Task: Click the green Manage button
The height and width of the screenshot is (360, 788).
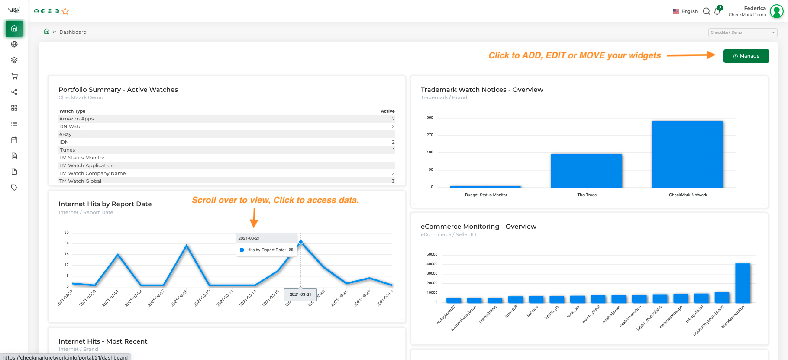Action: click(x=746, y=56)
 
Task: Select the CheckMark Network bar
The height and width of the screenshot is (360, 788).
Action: click(x=687, y=154)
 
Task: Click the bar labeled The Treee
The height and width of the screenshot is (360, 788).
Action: click(x=586, y=171)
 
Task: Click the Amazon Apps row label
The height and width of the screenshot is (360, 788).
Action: click(x=77, y=119)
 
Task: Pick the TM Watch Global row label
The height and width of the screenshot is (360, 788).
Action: click(x=80, y=181)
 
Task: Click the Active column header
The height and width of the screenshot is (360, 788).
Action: click(x=388, y=111)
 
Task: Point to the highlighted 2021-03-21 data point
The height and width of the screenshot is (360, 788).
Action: click(x=300, y=242)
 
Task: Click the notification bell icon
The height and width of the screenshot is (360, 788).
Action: click(x=717, y=12)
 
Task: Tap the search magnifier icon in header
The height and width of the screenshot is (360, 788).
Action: click(x=706, y=11)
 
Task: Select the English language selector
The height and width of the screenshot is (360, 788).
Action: click(x=685, y=11)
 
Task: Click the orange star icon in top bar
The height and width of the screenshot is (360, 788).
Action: click(x=65, y=11)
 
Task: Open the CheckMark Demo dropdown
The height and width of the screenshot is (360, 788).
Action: click(x=743, y=32)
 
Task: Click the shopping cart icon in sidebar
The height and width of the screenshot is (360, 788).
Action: click(x=14, y=76)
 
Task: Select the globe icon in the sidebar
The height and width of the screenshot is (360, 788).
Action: click(x=14, y=44)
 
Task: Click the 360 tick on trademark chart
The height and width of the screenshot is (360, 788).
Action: click(x=430, y=117)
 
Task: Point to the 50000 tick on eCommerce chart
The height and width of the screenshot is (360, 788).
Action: click(x=432, y=254)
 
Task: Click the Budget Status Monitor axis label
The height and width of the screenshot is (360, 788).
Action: click(x=486, y=195)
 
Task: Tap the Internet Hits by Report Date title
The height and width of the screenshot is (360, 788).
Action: click(x=105, y=204)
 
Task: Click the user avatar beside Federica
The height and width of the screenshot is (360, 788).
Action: click(x=777, y=11)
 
